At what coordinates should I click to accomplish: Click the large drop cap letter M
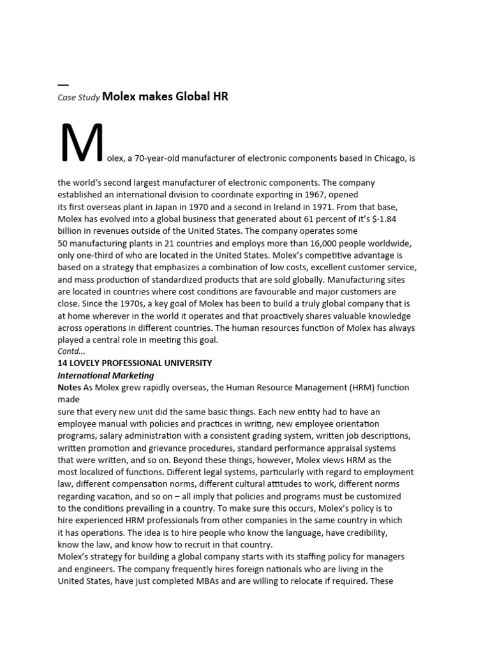click(82, 142)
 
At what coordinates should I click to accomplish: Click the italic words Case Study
click(78, 98)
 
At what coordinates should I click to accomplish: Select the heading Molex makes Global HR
click(165, 97)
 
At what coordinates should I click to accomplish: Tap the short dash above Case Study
click(63, 85)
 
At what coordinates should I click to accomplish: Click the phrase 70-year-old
click(157, 158)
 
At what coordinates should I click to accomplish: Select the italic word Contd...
click(71, 351)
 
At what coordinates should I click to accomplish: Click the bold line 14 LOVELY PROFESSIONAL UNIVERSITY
click(135, 363)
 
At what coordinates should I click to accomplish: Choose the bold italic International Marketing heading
click(106, 376)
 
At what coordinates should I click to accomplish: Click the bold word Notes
click(70, 388)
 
